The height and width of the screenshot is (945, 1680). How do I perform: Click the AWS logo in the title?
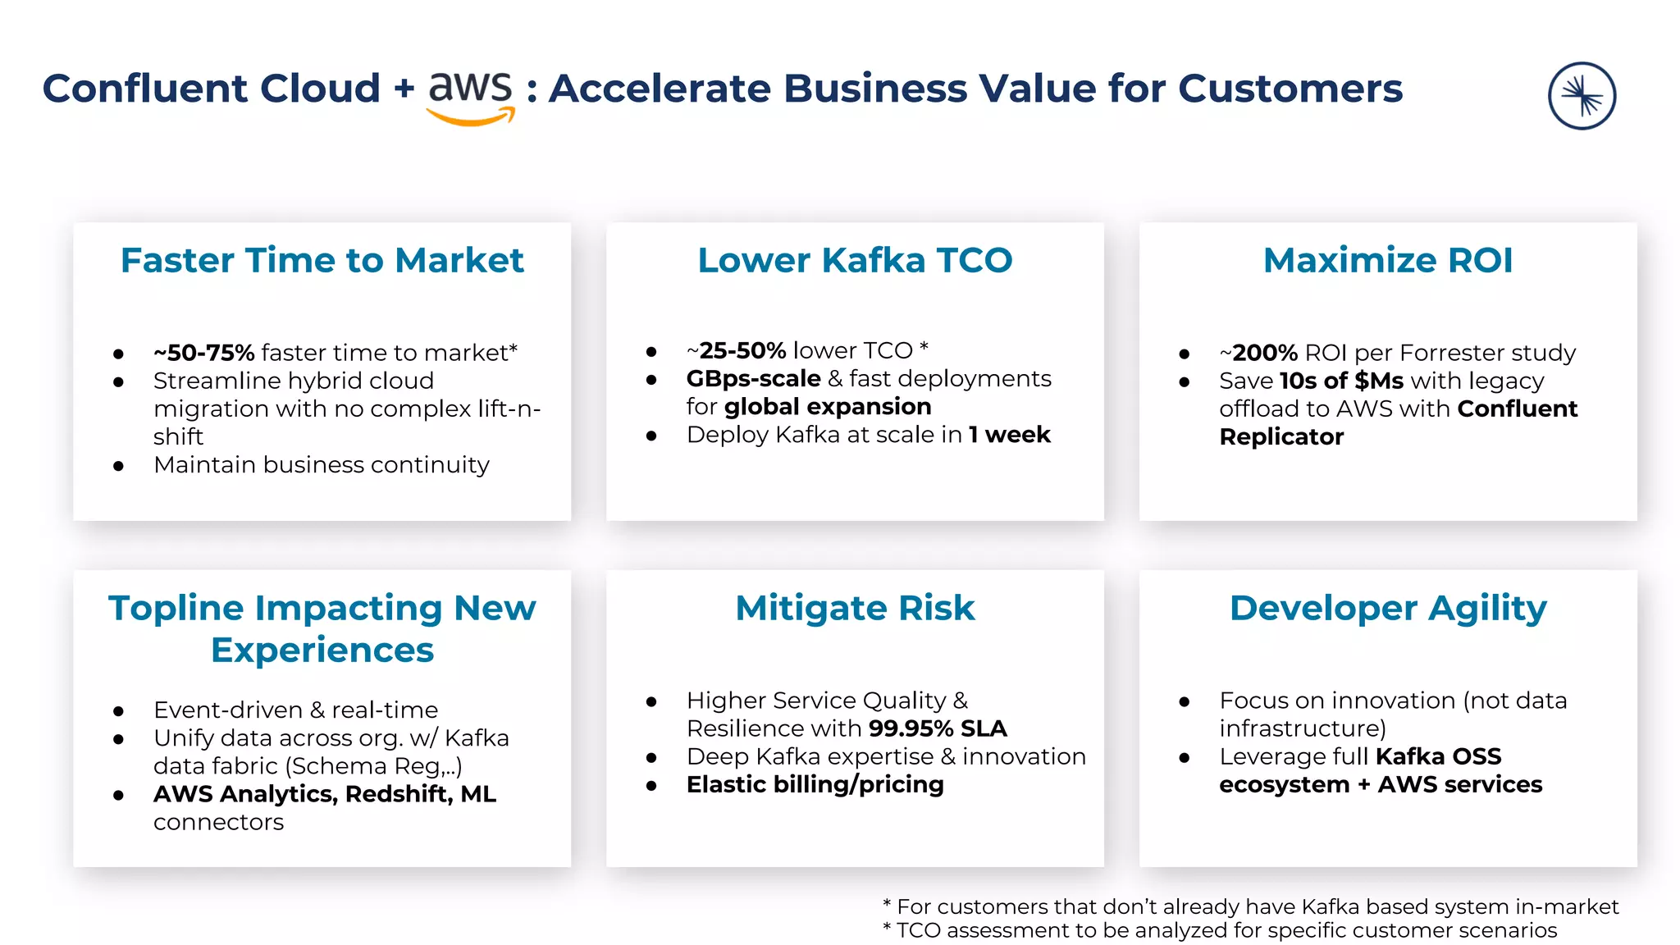click(471, 95)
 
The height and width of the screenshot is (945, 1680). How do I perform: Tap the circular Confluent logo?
click(1582, 96)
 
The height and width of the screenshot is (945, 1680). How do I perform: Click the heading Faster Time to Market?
click(322, 260)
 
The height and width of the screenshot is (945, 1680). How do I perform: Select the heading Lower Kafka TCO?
click(855, 260)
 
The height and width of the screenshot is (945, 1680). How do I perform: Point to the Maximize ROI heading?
click(1387, 260)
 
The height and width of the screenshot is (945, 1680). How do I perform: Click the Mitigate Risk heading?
click(855, 608)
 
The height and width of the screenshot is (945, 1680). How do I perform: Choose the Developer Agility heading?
click(1387, 608)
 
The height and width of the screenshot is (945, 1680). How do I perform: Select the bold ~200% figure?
click(1258, 353)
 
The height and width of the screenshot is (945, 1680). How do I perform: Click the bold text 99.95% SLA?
click(937, 728)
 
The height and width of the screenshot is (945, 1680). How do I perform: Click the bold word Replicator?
click(1281, 437)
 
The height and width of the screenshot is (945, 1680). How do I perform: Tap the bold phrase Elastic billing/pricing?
click(815, 785)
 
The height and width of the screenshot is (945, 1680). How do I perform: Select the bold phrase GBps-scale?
click(753, 379)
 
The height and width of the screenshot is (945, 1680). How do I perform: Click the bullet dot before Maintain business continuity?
click(119, 466)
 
